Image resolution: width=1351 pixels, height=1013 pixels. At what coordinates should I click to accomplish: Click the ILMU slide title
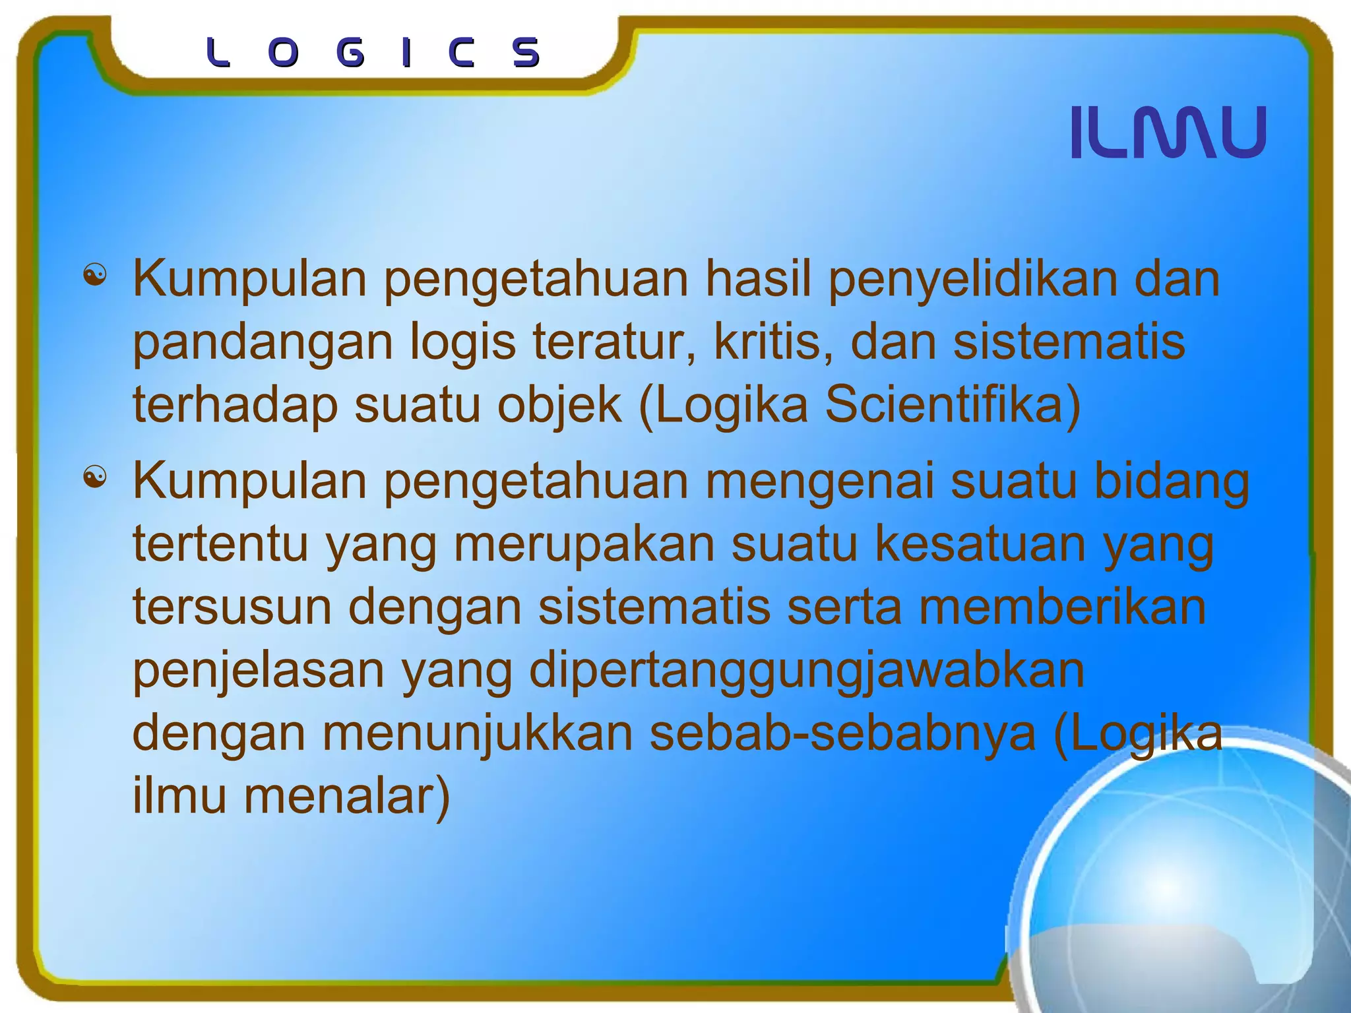pyautogui.click(x=1168, y=133)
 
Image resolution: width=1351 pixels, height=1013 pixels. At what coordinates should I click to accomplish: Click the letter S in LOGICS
pyautogui.click(x=526, y=53)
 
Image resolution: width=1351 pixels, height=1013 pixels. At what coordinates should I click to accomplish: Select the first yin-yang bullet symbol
pyautogui.click(x=95, y=275)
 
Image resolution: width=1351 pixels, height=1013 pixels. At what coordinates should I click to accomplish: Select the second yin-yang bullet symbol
pyautogui.click(x=95, y=477)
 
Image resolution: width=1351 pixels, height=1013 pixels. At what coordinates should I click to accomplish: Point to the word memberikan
pyautogui.click(x=1062, y=607)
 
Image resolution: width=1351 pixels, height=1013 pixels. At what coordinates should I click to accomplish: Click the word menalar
pyautogui.click(x=346, y=796)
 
